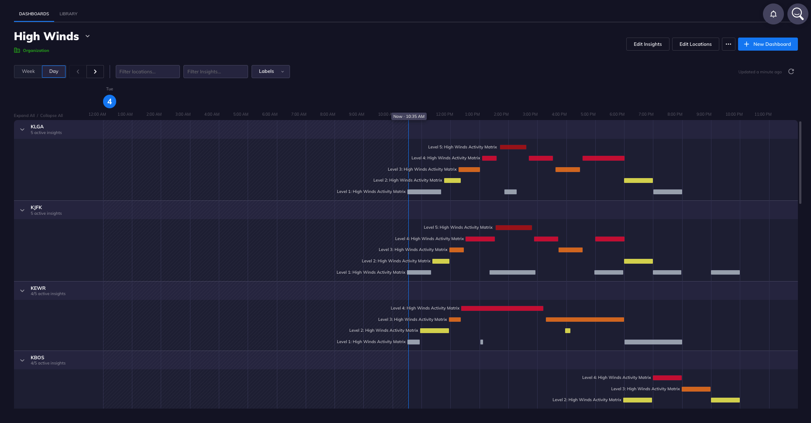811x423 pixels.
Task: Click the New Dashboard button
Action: click(767, 44)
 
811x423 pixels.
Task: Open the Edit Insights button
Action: click(647, 44)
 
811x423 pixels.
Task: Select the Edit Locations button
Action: click(695, 44)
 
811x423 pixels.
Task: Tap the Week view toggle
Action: click(28, 72)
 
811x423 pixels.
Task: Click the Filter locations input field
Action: click(148, 72)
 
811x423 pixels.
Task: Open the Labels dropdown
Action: click(270, 72)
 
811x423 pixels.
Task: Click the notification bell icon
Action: click(773, 14)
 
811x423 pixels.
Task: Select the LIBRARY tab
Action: click(69, 14)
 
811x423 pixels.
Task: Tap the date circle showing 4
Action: click(110, 102)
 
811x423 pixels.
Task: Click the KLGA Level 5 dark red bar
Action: click(513, 147)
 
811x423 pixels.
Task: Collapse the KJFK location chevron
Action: click(22, 210)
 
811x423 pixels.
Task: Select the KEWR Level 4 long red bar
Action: click(502, 308)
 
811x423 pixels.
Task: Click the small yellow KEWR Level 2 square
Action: click(567, 330)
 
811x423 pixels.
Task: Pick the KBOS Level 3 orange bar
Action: click(696, 389)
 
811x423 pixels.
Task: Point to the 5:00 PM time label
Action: click(588, 114)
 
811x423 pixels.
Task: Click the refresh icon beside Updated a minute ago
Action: click(791, 72)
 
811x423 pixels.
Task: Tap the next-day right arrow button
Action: click(95, 72)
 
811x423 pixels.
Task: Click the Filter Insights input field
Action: click(215, 72)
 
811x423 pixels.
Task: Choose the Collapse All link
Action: click(52, 116)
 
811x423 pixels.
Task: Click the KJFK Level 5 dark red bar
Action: click(514, 227)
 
